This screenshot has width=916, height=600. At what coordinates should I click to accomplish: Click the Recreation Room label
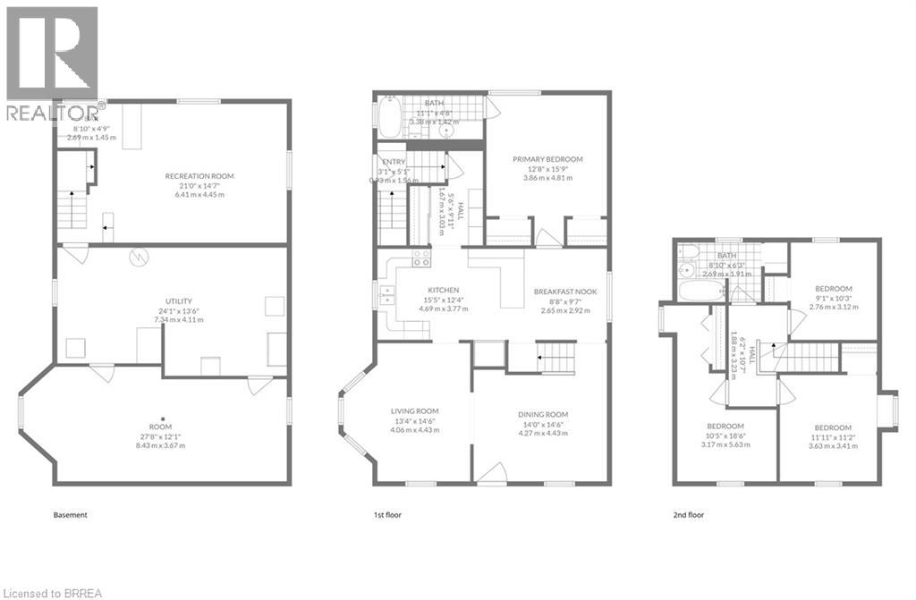pos(199,176)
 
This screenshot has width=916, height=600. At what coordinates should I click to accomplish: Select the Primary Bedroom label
pos(547,159)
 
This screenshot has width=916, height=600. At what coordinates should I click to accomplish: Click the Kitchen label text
pos(443,291)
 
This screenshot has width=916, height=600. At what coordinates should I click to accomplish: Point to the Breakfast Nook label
pos(565,292)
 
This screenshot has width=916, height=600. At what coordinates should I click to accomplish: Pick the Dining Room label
pos(543,414)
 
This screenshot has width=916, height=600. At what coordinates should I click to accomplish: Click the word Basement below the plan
pos(70,515)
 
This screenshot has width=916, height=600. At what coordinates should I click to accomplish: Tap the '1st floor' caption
pos(386,515)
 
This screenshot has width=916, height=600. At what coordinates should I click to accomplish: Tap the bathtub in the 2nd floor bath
pos(695,292)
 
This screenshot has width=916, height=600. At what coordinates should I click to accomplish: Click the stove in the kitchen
pos(420,258)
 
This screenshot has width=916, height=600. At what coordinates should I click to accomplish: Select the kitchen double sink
pos(387,296)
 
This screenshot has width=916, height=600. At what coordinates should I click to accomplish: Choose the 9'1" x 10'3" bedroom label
pos(834,288)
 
